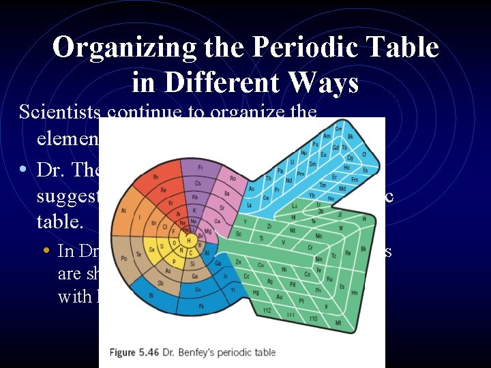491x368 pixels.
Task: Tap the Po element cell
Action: pyautogui.click(x=123, y=258)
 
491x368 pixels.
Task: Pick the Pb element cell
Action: pyautogui.click(x=201, y=306)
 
